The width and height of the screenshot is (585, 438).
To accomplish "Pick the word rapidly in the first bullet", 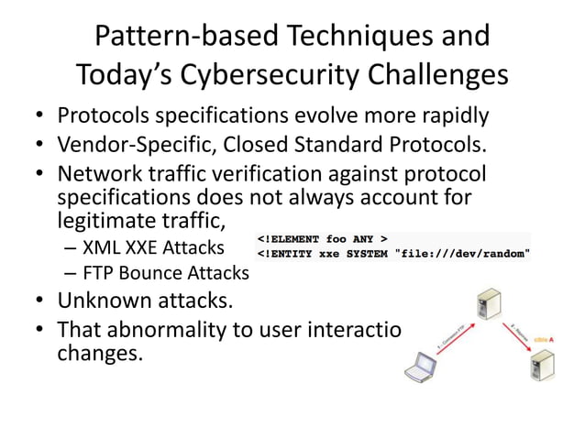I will click(446, 116).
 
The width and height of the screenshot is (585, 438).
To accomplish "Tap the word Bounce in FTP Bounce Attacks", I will click(149, 273).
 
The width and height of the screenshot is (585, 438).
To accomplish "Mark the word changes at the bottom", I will click(100, 352).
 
